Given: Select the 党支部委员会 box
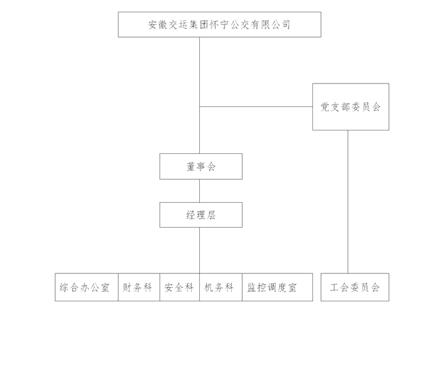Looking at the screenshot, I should pyautogui.click(x=350, y=106).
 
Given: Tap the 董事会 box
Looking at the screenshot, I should pyautogui.click(x=200, y=166).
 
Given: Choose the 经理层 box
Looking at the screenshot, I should pyautogui.click(x=200, y=215).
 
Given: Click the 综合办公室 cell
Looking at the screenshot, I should pyautogui.click(x=85, y=287).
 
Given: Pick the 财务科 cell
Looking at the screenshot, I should pyautogui.click(x=138, y=287).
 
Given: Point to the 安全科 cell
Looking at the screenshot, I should pyautogui.click(x=179, y=287).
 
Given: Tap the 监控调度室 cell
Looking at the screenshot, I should pyautogui.click(x=273, y=287).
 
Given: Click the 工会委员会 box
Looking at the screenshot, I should pyautogui.click(x=355, y=287).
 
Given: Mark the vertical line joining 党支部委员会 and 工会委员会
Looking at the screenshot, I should pyautogui.click(x=348, y=202).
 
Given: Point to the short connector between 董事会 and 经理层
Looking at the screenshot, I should pyautogui.click(x=200, y=190).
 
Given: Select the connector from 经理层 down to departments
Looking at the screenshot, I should pyautogui.click(x=200, y=250).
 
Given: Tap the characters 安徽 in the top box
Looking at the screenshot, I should pyautogui.click(x=158, y=25).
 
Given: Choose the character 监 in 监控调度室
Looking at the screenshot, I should pyautogui.click(x=251, y=287).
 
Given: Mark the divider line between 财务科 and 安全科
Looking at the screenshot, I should pyautogui.click(x=159, y=287).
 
